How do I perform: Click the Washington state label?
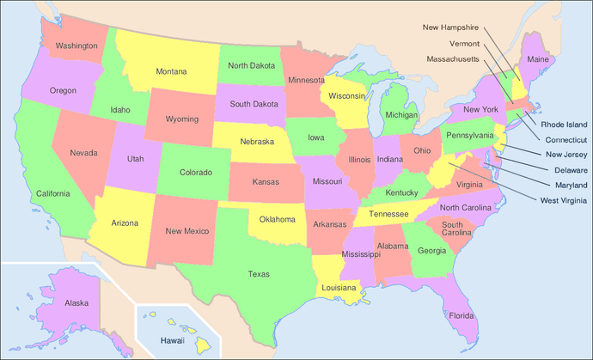tap(76, 45)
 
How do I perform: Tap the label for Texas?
tap(259, 274)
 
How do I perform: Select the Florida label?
tap(462, 315)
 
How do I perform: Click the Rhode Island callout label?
tap(564, 124)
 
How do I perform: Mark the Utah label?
tap(136, 159)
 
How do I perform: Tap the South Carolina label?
tap(457, 229)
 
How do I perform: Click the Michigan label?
tap(401, 114)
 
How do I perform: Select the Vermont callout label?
tap(464, 43)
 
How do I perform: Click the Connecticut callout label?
tap(564, 139)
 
